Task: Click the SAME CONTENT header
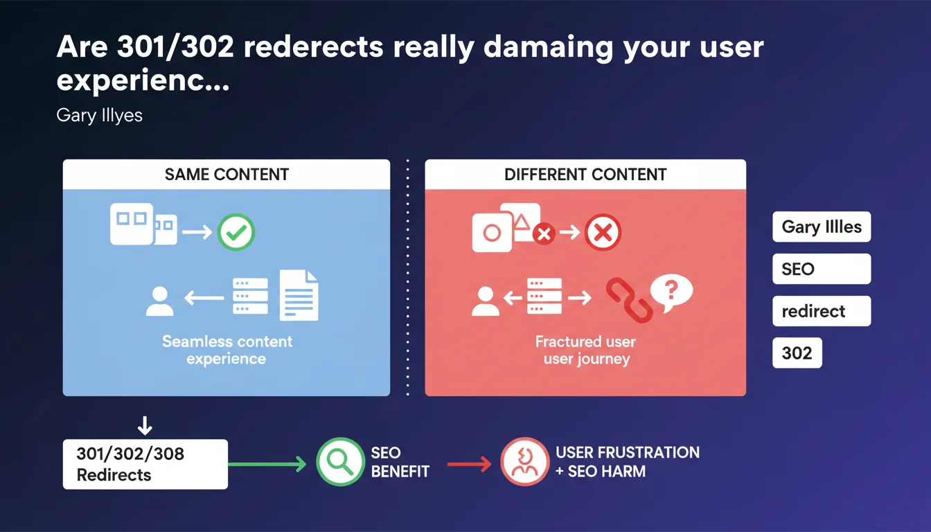click(227, 175)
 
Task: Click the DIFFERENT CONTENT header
click(585, 175)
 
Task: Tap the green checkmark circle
click(236, 232)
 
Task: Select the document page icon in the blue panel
click(299, 295)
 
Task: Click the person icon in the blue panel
click(159, 301)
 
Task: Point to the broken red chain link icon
click(629, 300)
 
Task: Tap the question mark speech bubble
click(671, 292)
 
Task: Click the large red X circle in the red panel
click(603, 232)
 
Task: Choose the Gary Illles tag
click(822, 227)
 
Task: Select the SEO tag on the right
click(822, 269)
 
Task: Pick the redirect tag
click(822, 311)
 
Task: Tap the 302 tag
click(797, 353)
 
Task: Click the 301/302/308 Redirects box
click(145, 464)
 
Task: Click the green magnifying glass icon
click(340, 461)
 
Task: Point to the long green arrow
click(267, 464)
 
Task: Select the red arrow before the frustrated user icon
click(469, 464)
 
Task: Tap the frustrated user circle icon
click(524, 461)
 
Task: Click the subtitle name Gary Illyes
click(99, 115)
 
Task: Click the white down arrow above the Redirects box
click(145, 425)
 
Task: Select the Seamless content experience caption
click(227, 350)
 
